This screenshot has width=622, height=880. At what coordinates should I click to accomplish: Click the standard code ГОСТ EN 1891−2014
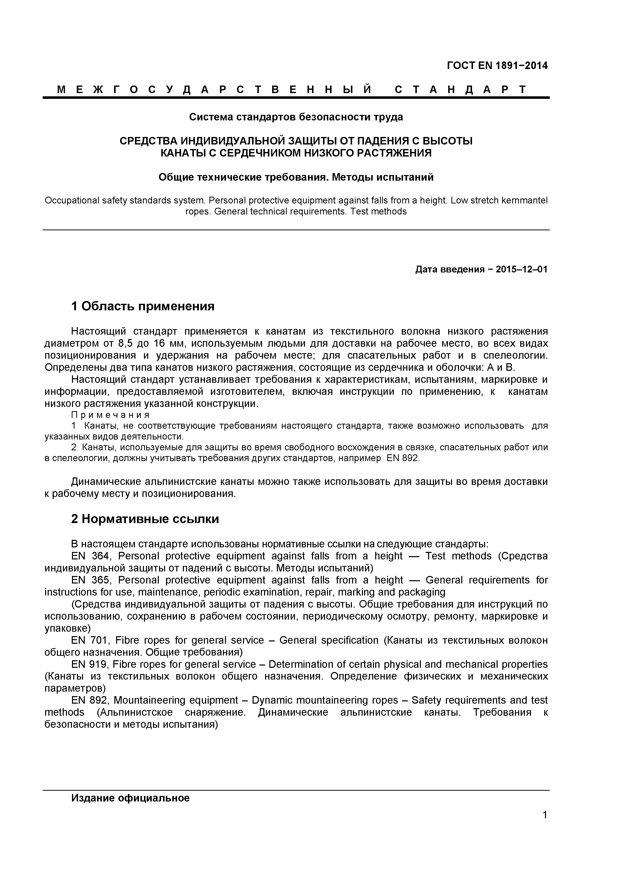point(497,65)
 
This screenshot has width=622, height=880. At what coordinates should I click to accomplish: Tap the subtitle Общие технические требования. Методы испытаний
point(296,177)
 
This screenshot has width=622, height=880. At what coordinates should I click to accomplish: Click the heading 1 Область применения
point(142,306)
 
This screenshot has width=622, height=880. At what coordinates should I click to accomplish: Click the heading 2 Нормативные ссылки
point(145,519)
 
